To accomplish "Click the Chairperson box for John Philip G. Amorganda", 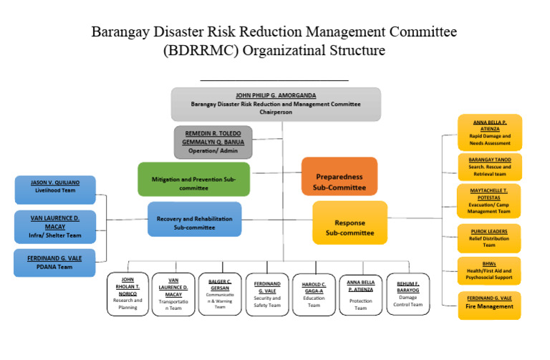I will coord(276,104).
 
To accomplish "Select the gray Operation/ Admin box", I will coord(213,142).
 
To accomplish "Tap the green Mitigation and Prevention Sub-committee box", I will coord(193,179).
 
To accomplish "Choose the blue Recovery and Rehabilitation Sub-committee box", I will coord(194,219).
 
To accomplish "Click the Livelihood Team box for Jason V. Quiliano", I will coord(54,190).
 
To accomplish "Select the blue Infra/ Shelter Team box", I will coord(54,225).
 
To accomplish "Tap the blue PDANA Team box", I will coord(54,262).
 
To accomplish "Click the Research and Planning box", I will coord(127,294).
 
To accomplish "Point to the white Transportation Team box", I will coord(173,294).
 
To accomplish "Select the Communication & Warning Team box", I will coord(219,294).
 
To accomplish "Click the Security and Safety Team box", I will coord(266,294).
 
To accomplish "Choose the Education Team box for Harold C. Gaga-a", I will coord(314,294).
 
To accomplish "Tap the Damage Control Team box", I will coord(407,294).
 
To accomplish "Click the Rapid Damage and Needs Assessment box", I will coord(490,132).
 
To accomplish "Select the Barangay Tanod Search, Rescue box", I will coord(490,167).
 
